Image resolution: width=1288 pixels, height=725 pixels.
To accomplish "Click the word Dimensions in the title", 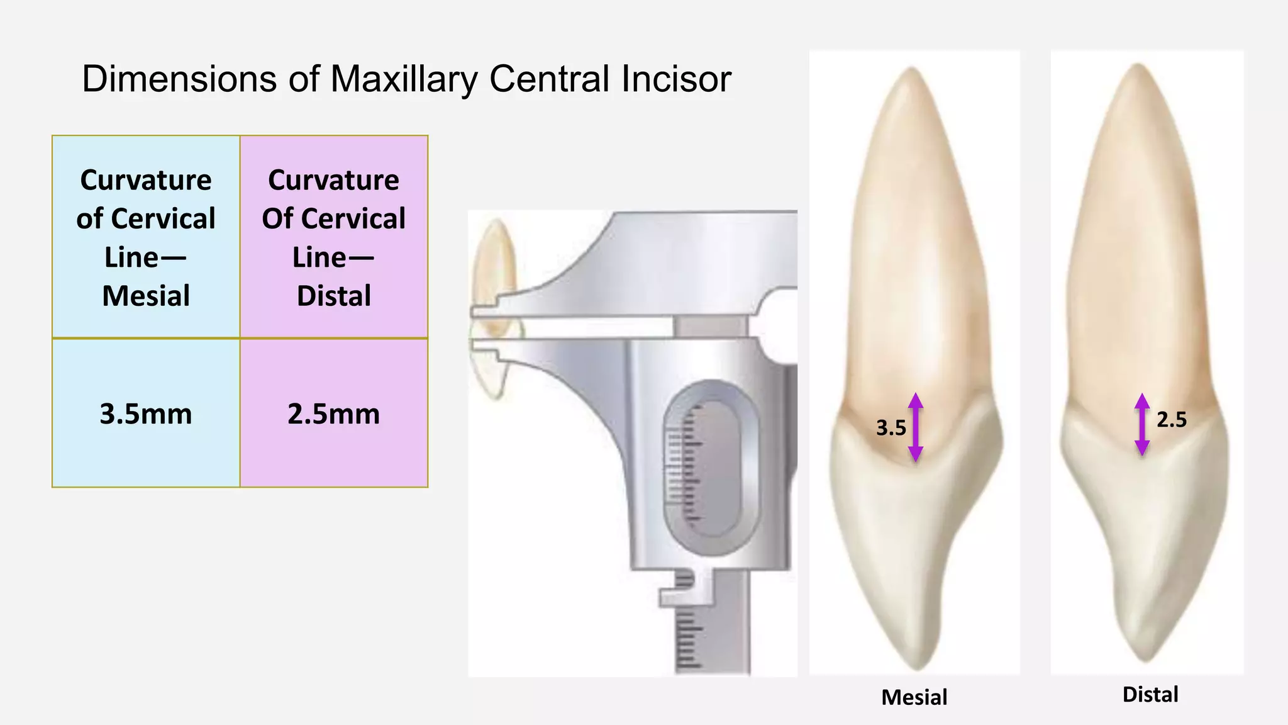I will (179, 79).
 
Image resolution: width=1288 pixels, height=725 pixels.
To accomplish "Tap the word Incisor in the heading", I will (675, 79).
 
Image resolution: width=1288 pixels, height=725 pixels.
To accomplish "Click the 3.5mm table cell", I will (146, 413).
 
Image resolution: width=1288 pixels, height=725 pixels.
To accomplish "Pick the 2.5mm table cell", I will (334, 413).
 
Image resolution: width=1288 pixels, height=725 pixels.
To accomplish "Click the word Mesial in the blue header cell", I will (146, 296).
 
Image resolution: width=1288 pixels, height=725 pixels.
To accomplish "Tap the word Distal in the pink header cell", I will (334, 296).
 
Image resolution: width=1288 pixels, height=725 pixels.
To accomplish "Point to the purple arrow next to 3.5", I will (916, 427).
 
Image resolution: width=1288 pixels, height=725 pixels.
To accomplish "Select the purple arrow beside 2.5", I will (1142, 424).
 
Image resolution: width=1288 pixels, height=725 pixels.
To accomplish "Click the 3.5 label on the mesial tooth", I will (891, 428).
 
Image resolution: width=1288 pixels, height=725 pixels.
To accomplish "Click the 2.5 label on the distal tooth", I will (1172, 420).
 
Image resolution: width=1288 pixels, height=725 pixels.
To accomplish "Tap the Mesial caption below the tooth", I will (914, 697).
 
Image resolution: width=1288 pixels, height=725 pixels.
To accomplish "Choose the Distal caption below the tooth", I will (1150, 695).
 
